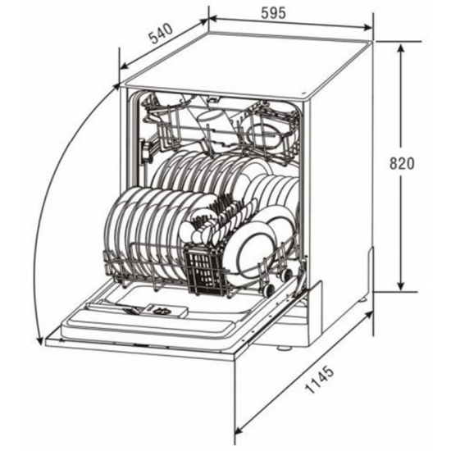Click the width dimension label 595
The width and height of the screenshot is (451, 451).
273,12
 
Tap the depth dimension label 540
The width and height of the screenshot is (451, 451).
162,34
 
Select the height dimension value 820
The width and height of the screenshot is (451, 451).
402,164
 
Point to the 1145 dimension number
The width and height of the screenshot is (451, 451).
320,379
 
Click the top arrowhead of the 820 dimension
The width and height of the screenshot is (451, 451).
401,50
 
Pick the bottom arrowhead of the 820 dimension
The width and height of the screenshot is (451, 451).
401,285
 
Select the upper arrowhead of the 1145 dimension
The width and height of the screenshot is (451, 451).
368,315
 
